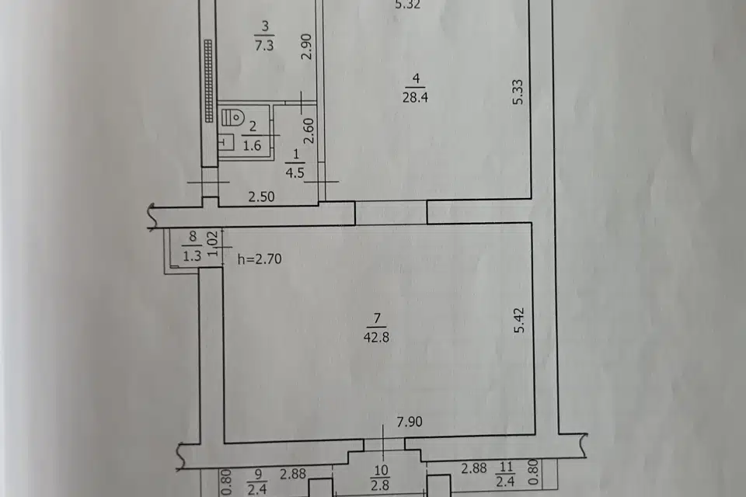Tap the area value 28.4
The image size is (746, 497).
pyautogui.click(x=416, y=96)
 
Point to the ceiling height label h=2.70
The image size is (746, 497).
pyautogui.click(x=259, y=259)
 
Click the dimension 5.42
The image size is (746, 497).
pyautogui.click(x=520, y=321)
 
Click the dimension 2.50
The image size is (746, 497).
pyautogui.click(x=261, y=198)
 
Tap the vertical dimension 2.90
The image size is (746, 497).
pyautogui.click(x=307, y=47)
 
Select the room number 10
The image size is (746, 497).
pyautogui.click(x=381, y=471)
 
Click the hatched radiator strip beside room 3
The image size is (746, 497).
pyautogui.click(x=208, y=81)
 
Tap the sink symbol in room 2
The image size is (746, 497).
pyautogui.click(x=225, y=142)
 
